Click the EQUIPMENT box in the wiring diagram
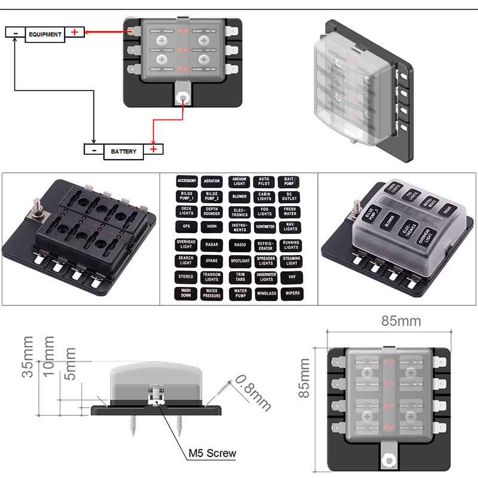(x=44, y=34)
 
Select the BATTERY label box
(x=124, y=151)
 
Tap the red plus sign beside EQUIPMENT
(x=75, y=32)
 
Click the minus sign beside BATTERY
(x=94, y=150)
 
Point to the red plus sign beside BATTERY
(x=154, y=149)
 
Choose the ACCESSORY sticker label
(x=186, y=180)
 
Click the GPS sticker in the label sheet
(x=186, y=227)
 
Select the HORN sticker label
(x=212, y=227)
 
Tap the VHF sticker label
(x=291, y=277)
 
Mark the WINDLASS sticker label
(x=266, y=293)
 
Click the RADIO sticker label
(x=240, y=244)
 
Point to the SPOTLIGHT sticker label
(x=240, y=261)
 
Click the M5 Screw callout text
(x=212, y=453)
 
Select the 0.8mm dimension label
(x=251, y=393)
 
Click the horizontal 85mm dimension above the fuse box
(x=401, y=321)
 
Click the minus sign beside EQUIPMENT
(x=16, y=33)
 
